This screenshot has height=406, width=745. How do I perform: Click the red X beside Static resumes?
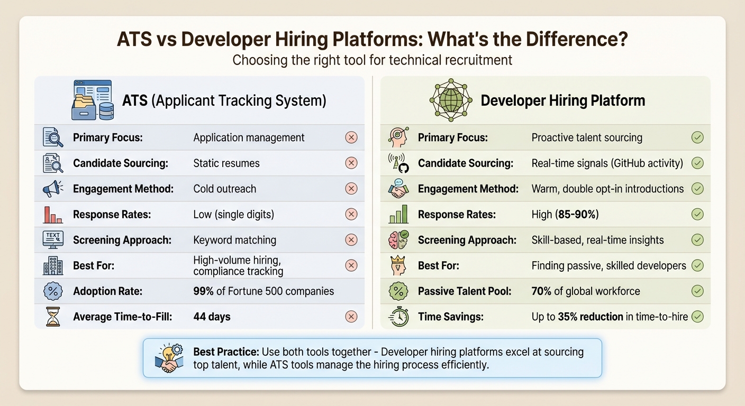point(351,163)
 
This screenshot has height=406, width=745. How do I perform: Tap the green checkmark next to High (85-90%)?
point(697,214)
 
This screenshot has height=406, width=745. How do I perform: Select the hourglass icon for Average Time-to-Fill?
point(52,317)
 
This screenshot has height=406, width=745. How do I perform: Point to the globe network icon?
point(450,99)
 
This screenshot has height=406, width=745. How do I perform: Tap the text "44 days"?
point(212,317)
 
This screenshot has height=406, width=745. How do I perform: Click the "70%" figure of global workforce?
point(542,291)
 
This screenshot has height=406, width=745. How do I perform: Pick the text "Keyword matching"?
point(234,240)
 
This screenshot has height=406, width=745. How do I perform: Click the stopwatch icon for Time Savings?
point(398,317)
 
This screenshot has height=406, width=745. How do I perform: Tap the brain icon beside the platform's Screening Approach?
point(398,240)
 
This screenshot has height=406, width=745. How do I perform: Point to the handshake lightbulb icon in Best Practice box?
point(169,358)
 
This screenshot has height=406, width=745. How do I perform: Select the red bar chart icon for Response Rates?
point(52,214)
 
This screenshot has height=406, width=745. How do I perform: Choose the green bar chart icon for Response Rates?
point(398,214)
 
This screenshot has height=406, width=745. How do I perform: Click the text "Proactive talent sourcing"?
point(587,138)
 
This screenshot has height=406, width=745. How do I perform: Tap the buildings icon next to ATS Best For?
point(52,265)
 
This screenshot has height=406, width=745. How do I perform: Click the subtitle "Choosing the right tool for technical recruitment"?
point(372,60)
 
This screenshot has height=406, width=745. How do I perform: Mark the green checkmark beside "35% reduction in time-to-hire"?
point(697,317)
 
